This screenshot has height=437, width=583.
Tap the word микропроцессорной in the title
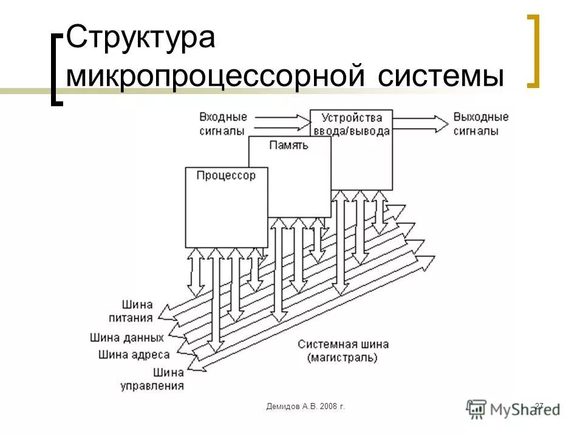215,77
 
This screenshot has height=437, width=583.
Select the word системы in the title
442,77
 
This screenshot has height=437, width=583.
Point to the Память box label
289,145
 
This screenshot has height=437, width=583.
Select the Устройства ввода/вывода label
351,124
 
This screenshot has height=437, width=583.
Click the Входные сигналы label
222,123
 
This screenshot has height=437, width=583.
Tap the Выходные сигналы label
481,123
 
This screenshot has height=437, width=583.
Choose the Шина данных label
127,337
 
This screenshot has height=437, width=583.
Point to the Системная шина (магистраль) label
343,351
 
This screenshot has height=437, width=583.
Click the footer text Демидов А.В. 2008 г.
305,405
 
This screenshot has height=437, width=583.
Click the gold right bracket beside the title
532,52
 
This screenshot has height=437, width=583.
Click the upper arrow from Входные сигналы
280,118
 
